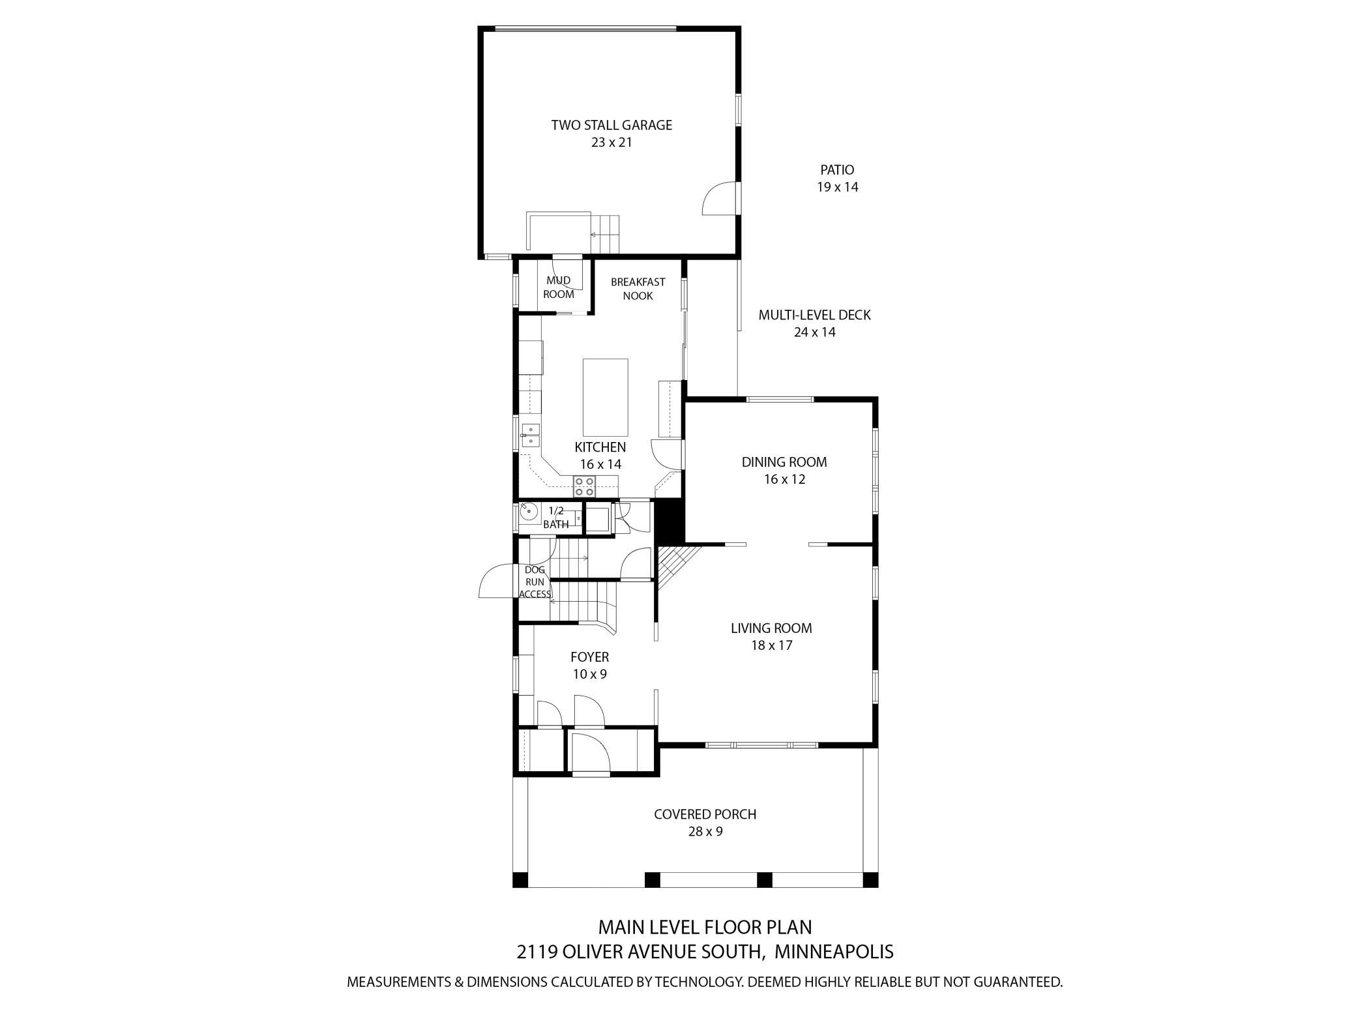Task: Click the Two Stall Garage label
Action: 612,125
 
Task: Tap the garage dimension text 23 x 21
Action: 612,142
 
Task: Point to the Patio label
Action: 837,170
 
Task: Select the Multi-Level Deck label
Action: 814,316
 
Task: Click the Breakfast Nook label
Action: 638,289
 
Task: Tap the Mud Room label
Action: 559,287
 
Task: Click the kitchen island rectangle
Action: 605,397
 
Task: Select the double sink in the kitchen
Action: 531,435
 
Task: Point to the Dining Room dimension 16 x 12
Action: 785,479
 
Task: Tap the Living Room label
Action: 771,628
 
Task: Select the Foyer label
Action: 589,657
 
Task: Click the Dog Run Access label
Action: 535,582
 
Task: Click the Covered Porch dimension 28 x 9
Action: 705,831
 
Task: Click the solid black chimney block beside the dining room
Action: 668,522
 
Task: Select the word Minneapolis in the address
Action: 834,951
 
